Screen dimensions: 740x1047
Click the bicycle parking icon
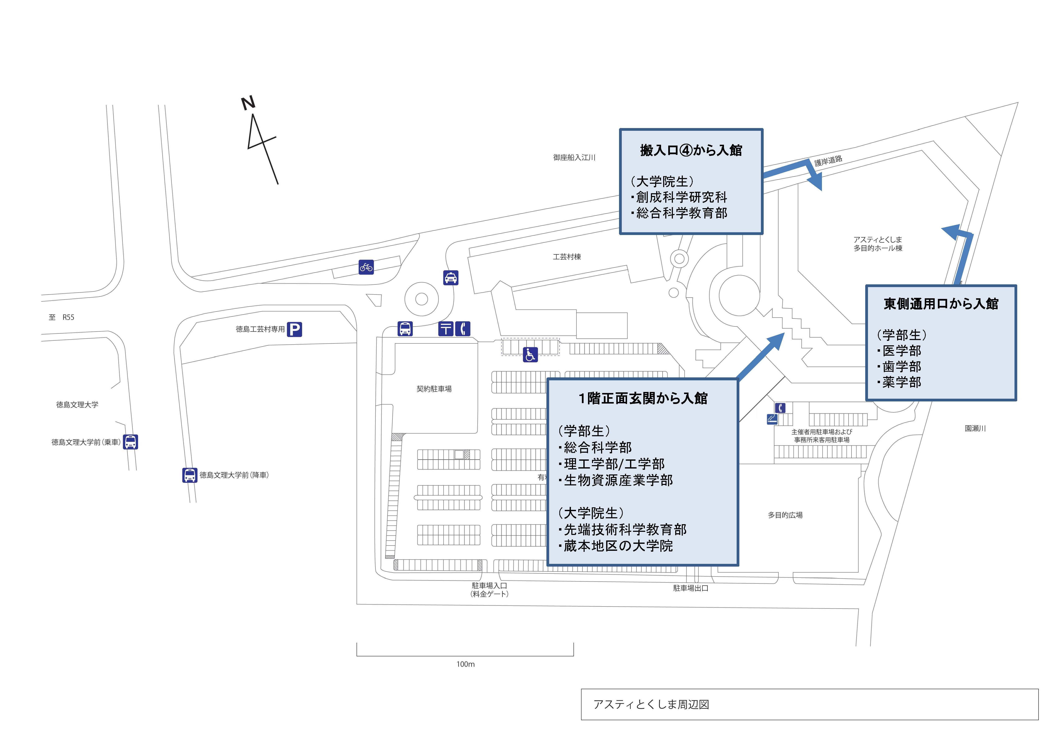(366, 267)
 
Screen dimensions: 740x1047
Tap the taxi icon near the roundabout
(451, 278)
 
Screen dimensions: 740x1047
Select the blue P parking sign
(295, 329)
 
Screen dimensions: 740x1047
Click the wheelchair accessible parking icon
(530, 355)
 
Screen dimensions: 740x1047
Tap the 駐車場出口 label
(690, 588)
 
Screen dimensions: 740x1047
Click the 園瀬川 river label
(975, 428)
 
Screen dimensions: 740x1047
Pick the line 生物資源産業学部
(618, 480)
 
